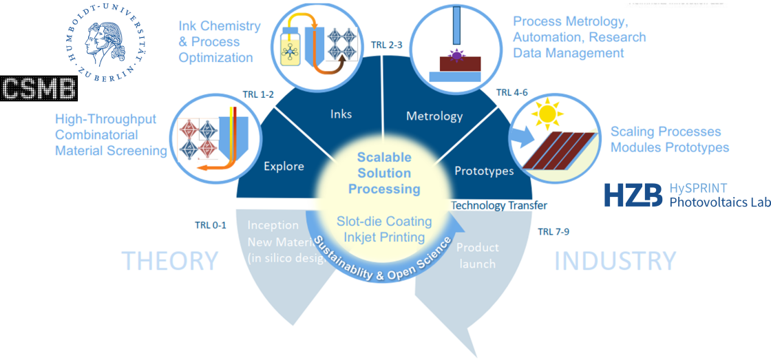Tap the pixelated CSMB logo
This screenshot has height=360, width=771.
[x=39, y=89]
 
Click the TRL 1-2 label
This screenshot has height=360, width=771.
[x=258, y=94]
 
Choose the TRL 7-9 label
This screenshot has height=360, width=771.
[x=553, y=231]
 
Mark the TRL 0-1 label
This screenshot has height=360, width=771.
[x=210, y=224]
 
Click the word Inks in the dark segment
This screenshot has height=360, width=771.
[x=341, y=114]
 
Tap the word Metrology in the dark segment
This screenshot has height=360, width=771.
[x=434, y=116]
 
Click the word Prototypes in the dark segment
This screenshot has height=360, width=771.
[x=484, y=170]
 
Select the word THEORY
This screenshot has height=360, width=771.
[x=169, y=261]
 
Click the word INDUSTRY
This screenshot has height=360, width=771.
[x=615, y=261]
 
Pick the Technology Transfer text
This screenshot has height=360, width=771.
[x=499, y=205]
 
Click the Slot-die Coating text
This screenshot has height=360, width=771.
[x=384, y=221]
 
